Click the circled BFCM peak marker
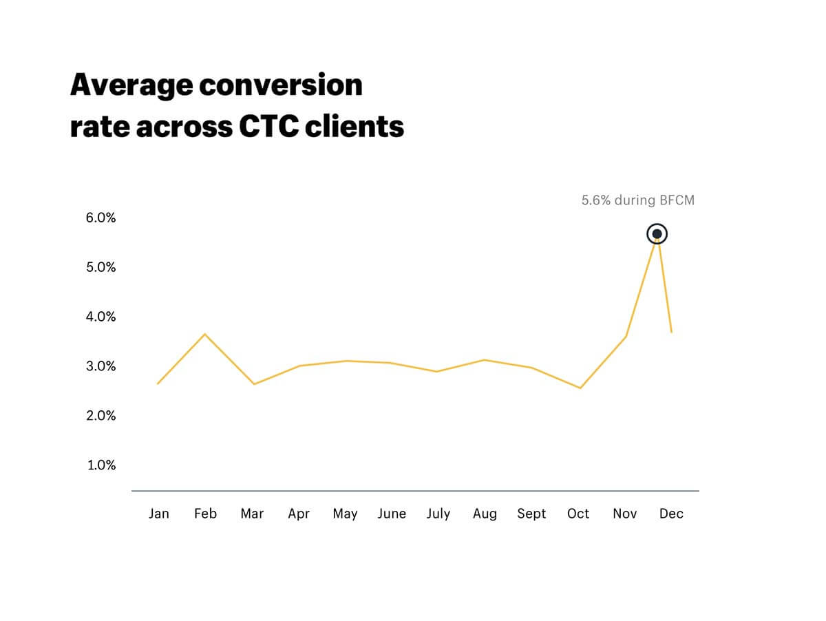pyautogui.click(x=657, y=234)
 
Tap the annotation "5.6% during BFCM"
pyautogui.click(x=638, y=200)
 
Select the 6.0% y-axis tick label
pyautogui.click(x=101, y=218)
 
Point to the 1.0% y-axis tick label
pyautogui.click(x=101, y=465)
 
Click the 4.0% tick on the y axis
pyautogui.click(x=101, y=317)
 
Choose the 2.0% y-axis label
pyautogui.click(x=101, y=415)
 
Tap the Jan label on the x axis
pyautogui.click(x=158, y=514)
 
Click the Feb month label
pyautogui.click(x=205, y=514)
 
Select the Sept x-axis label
pyautogui.click(x=531, y=514)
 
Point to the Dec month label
pyautogui.click(x=671, y=514)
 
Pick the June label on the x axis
pyautogui.click(x=392, y=514)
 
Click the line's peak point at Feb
pyautogui.click(x=205, y=334)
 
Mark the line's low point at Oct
pyautogui.click(x=581, y=388)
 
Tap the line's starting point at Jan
pyautogui.click(x=158, y=383)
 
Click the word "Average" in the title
pyautogui.click(x=130, y=85)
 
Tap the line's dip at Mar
pyautogui.click(x=254, y=384)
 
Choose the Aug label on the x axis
pyautogui.click(x=485, y=514)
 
